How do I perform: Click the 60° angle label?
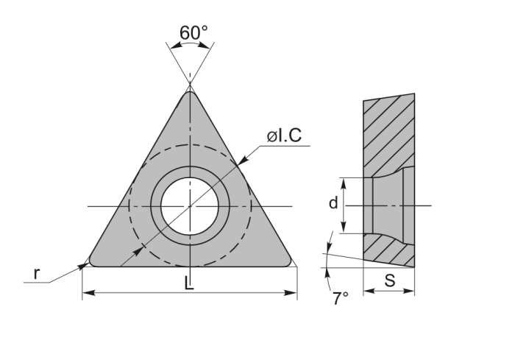tap(193, 32)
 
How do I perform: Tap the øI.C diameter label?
tap(284, 135)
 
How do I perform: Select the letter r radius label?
tap(37, 274)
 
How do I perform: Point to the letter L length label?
tap(189, 283)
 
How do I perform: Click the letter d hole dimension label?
tap(333, 203)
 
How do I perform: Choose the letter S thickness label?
tap(389, 280)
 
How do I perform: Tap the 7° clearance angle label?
tap(340, 298)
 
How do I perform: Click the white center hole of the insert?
tap(190, 206)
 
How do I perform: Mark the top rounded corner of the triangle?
tap(190, 93)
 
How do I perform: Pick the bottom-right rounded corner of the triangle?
tap(288, 261)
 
